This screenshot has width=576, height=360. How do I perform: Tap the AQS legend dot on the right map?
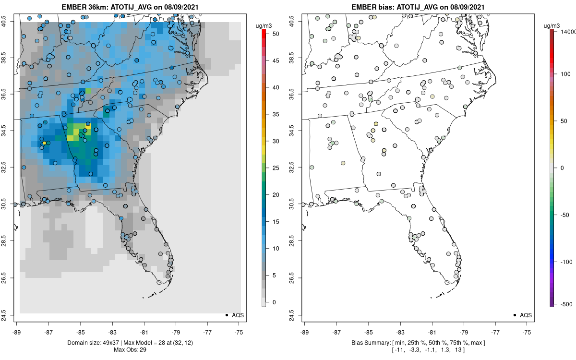click(x=514, y=315)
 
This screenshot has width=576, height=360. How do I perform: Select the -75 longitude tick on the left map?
click(x=240, y=332)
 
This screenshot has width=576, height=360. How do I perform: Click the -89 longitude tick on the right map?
click(x=304, y=332)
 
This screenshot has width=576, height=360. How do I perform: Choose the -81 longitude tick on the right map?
click(x=432, y=332)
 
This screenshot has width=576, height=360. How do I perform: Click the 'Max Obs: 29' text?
click(x=130, y=349)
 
